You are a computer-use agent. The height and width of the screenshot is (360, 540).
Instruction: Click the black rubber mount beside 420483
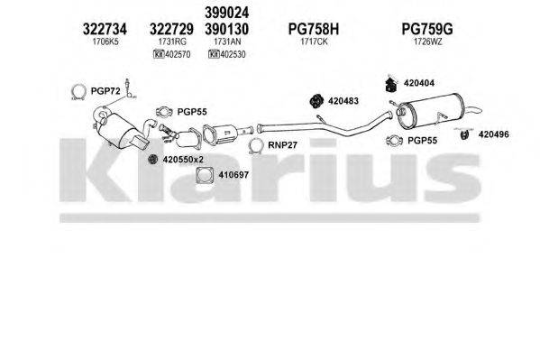point(315,99)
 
